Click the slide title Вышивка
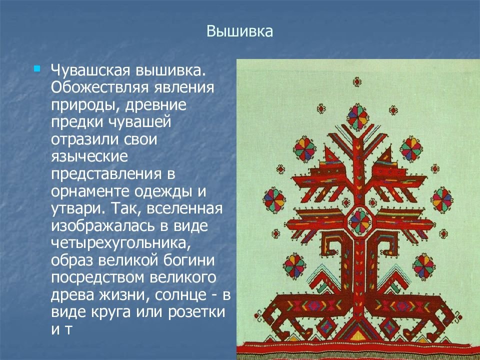(x=239, y=31)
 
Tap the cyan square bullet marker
(x=37, y=68)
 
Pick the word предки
(x=77, y=122)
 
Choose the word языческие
(x=89, y=157)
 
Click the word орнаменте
(x=90, y=192)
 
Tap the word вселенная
(x=184, y=209)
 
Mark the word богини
(x=189, y=260)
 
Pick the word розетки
(x=196, y=312)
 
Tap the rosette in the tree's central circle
(x=359, y=221)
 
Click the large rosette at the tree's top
(x=357, y=117)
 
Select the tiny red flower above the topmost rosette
(x=357, y=81)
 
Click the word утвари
(x=78, y=209)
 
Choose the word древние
(x=155, y=105)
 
